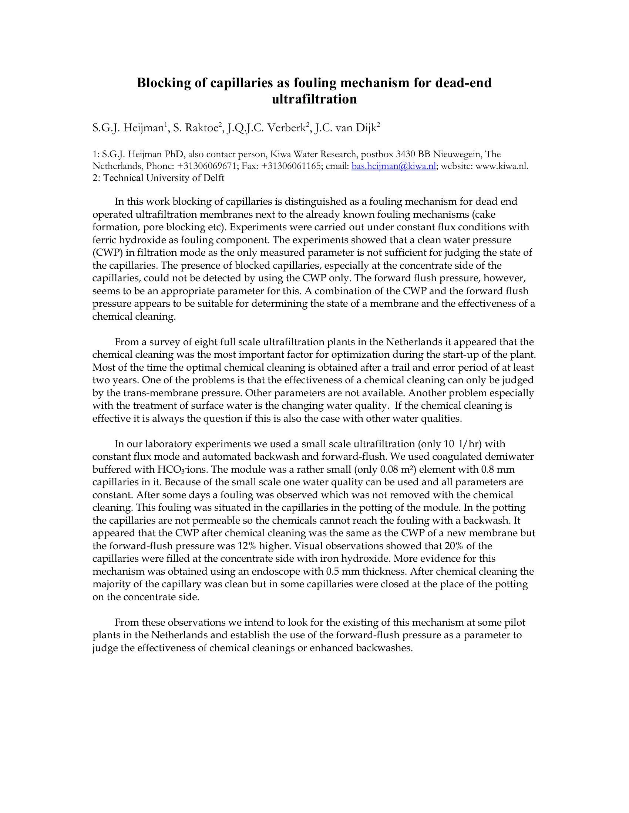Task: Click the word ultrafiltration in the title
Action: coord(314,99)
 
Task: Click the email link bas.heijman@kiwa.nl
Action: coord(394,166)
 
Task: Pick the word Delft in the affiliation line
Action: coord(213,178)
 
